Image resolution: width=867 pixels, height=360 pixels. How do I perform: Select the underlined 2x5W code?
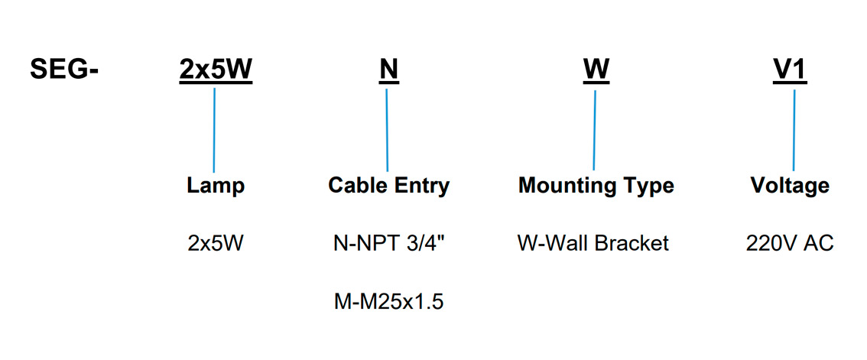[216, 70]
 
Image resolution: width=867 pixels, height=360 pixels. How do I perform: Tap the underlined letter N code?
[388, 70]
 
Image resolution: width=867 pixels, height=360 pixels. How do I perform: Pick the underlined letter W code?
[596, 70]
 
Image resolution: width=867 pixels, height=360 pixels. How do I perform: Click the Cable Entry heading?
[388, 186]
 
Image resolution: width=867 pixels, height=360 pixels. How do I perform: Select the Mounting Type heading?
[596, 186]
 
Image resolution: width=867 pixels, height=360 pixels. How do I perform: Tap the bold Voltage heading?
[790, 186]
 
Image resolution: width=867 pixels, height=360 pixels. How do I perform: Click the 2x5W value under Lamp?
[215, 244]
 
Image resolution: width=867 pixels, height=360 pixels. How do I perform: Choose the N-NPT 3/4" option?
[388, 244]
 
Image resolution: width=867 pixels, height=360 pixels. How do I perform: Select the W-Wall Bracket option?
[593, 244]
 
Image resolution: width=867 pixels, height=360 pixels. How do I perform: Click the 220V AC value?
[790, 244]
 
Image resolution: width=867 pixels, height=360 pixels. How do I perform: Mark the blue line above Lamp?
[214, 130]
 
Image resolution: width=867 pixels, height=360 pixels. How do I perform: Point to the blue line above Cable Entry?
[387, 130]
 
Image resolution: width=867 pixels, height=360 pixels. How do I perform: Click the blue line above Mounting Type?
[594, 130]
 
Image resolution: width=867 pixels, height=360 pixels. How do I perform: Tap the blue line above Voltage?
[794, 130]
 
